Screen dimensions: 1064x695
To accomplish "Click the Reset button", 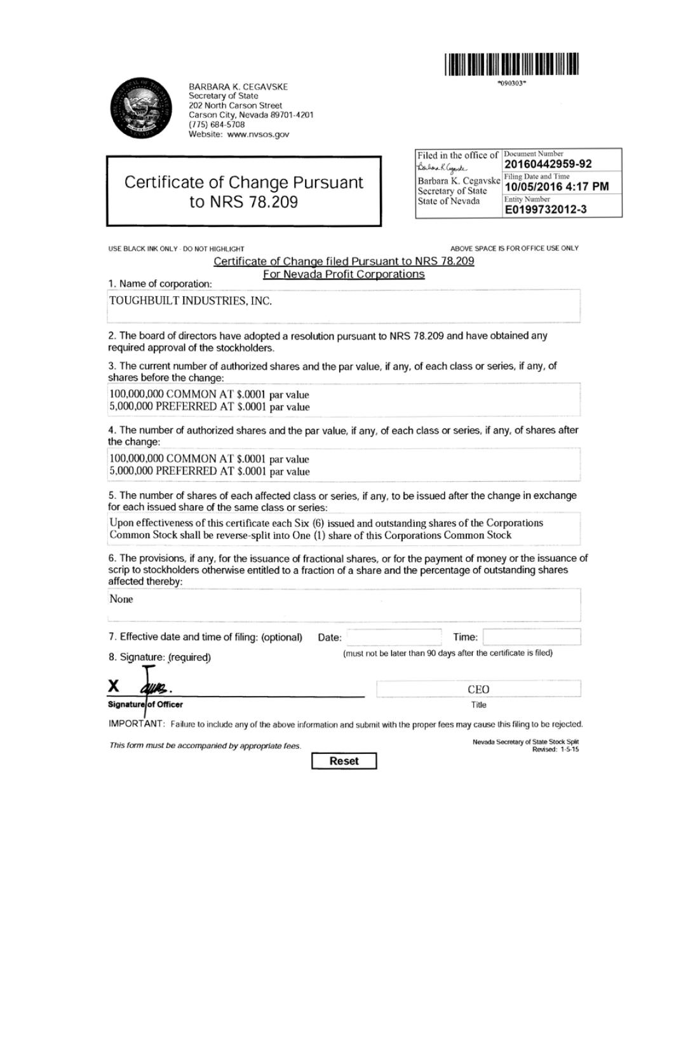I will pyautogui.click(x=344, y=761).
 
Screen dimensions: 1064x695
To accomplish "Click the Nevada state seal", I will pyautogui.click(x=141, y=108).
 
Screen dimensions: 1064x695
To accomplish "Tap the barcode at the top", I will pyautogui.click(x=511, y=65).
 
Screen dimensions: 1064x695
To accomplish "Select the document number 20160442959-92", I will pyautogui.click(x=548, y=164).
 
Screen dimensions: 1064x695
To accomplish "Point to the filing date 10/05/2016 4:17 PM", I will pyautogui.click(x=557, y=186).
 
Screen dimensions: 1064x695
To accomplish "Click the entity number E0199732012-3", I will pyautogui.click(x=546, y=209).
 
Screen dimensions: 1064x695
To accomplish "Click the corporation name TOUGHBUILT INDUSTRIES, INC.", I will pyautogui.click(x=191, y=301).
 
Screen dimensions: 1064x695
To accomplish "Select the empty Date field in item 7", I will pyautogui.click(x=394, y=637).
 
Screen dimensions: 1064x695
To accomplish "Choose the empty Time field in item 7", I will pyautogui.click(x=531, y=637).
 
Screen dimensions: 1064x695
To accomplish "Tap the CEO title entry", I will pyautogui.click(x=478, y=689).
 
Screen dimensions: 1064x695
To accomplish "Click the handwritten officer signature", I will pyautogui.click(x=153, y=686).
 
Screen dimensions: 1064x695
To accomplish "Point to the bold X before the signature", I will pyautogui.click(x=114, y=686).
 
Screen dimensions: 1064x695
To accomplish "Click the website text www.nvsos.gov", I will pyautogui.click(x=258, y=134).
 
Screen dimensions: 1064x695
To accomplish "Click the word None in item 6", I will pyautogui.click(x=121, y=599).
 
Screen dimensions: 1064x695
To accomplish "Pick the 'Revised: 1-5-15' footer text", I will pyautogui.click(x=555, y=749).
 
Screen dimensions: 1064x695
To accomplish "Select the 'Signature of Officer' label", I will pyautogui.click(x=145, y=704).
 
